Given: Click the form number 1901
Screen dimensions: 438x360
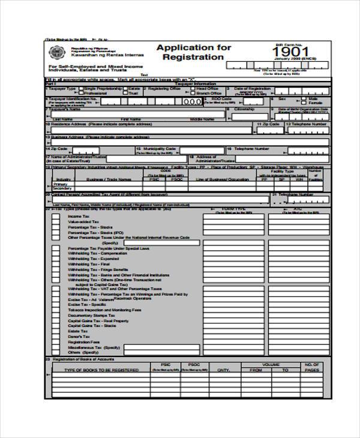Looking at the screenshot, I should [293, 52].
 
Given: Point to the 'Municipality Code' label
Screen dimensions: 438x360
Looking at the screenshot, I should [158, 148].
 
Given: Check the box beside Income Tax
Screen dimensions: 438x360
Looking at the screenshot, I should [55, 216].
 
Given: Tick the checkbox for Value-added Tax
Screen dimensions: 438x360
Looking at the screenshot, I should [55, 222].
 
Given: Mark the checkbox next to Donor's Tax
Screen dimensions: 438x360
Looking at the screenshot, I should [55, 337].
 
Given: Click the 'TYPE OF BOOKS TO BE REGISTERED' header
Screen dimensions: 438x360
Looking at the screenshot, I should [101, 370].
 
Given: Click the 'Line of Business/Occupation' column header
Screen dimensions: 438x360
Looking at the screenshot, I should [226, 179].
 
